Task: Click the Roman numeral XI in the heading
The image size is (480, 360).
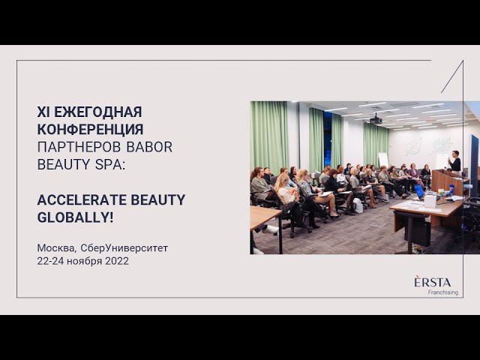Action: click(x=43, y=112)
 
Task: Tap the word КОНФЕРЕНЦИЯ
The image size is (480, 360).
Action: click(x=90, y=129)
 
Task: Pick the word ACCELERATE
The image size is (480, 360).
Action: click(x=82, y=199)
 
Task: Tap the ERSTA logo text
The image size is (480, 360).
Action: click(x=432, y=282)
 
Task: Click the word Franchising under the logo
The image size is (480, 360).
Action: click(x=442, y=292)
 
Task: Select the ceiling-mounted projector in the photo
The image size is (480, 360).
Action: click(x=376, y=119)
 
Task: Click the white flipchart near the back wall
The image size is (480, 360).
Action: click(x=382, y=160)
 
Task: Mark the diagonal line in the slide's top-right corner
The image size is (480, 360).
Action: click(x=452, y=76)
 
